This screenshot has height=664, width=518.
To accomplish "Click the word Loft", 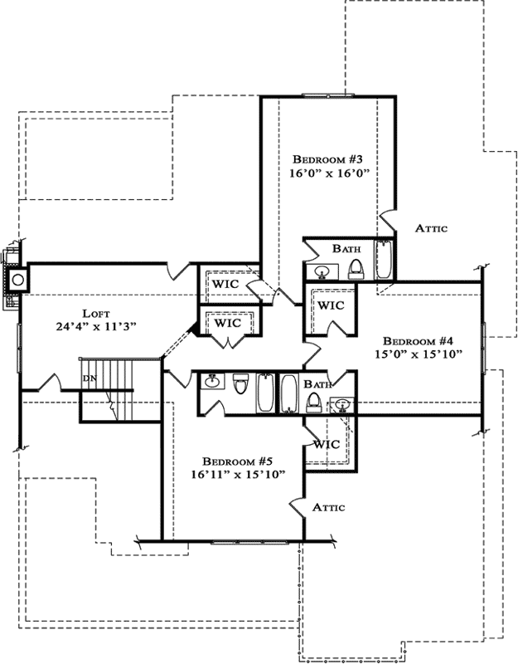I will pyautogui.click(x=95, y=313).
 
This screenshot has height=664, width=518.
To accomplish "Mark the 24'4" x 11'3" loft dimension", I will pyautogui.click(x=95, y=327).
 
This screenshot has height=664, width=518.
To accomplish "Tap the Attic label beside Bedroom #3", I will pyautogui.click(x=431, y=229).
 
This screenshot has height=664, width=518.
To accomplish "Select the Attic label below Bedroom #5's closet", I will pyautogui.click(x=328, y=506).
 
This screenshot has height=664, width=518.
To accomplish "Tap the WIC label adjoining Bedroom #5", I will pyautogui.click(x=326, y=444).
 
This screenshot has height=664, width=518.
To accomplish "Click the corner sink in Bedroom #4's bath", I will pyautogui.click(x=342, y=404).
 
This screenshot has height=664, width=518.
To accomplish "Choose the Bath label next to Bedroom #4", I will pyautogui.click(x=317, y=384).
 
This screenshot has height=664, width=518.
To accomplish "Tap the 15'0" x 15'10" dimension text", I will pyautogui.click(x=417, y=354).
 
